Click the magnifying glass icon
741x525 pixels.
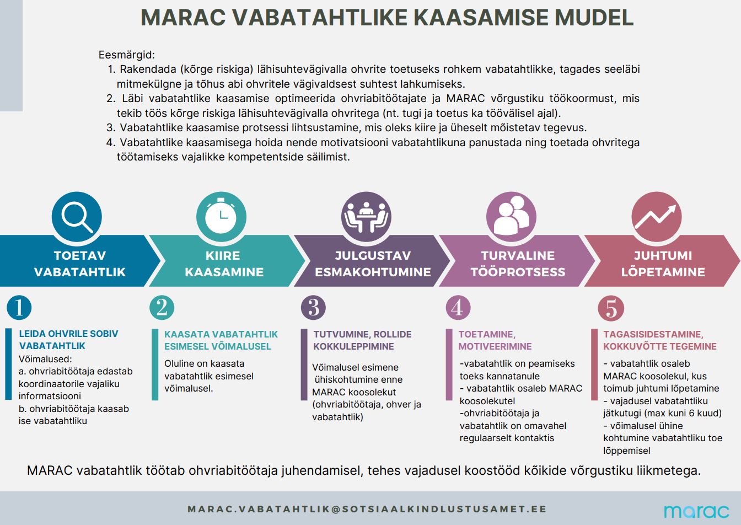pyautogui.click(x=77, y=217)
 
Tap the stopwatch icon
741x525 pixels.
pyautogui.click(x=221, y=217)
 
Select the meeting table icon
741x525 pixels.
pyautogui.click(x=366, y=217)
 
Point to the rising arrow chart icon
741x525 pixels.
pyautogui.click(x=656, y=217)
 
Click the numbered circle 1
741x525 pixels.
pyautogui.click(x=19, y=308)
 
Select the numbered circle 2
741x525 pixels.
pyautogui.click(x=162, y=308)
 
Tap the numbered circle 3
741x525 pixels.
pyautogui.click(x=314, y=308)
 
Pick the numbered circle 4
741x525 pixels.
pyautogui.click(x=458, y=308)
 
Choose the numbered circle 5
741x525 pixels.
pyautogui.click(x=611, y=308)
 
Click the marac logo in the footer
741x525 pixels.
pyautogui.click(x=696, y=511)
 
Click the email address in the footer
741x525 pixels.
pyautogui.click(x=367, y=509)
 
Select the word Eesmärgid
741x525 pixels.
pyautogui.click(x=127, y=55)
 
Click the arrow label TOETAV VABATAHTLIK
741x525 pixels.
pyautogui.click(x=80, y=264)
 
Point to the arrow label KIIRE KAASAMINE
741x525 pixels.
pyautogui.click(x=223, y=264)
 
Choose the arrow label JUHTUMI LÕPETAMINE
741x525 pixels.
pyautogui.click(x=663, y=264)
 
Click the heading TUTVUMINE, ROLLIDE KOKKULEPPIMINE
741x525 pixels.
pyautogui.click(x=362, y=340)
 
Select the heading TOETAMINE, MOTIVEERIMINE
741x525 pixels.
pyautogui.click(x=495, y=340)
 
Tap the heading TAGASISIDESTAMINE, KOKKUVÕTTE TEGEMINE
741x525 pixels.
pyautogui.click(x=659, y=340)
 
